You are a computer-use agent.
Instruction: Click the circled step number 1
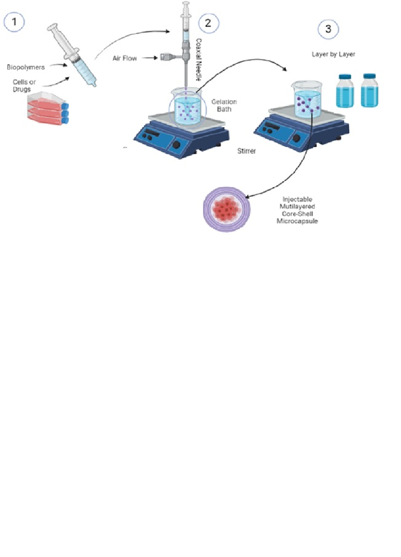[x=14, y=21]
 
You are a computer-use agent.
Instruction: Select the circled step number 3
[x=328, y=29]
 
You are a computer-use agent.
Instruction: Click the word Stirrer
[x=246, y=151]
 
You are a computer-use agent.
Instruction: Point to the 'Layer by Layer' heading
[x=333, y=54]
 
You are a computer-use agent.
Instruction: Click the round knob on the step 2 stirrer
[x=177, y=144]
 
